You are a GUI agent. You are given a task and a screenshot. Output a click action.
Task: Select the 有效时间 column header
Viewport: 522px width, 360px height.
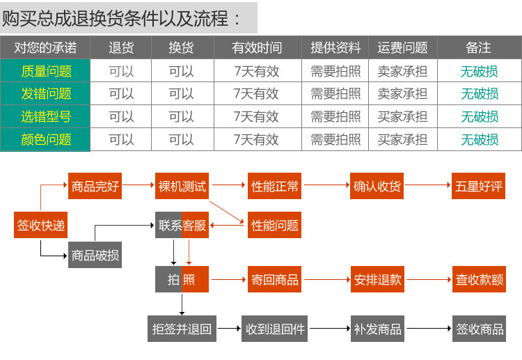pos(258,48)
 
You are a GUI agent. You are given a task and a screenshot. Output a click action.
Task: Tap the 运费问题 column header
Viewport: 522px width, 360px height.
pos(402,48)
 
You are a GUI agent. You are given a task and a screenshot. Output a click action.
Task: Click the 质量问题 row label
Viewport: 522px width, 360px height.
pos(46,71)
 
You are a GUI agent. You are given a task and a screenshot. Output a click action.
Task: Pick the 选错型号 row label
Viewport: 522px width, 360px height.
pos(46,116)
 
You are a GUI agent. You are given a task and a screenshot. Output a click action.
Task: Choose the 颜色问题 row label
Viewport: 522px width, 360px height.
pos(46,139)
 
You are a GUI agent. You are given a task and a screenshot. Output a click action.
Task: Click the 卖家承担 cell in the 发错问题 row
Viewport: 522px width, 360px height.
pos(402,93)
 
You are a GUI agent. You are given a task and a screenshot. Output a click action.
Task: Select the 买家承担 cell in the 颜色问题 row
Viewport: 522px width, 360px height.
pos(402,139)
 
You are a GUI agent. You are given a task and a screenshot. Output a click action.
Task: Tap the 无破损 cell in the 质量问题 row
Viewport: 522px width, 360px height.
pos(479,71)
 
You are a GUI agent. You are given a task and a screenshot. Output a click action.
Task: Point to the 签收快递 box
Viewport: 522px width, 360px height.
pos(41,225)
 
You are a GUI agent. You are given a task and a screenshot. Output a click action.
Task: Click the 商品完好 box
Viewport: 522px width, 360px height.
pos(95,186)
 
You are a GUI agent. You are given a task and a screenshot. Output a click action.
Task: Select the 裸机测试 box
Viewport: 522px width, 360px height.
pos(182,186)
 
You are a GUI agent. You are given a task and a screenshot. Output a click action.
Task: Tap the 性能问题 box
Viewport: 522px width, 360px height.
pos(275,225)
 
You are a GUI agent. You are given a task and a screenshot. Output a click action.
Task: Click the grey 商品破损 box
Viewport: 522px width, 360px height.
pos(95,256)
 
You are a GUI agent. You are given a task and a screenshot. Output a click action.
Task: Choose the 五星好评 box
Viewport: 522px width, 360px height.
pos(478,186)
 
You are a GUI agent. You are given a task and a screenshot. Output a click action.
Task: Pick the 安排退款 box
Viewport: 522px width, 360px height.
pos(377,279)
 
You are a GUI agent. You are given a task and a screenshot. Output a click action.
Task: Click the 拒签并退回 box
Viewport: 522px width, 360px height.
pos(182,328)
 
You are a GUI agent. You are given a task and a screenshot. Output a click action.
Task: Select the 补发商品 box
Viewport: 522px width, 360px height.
pos(377,328)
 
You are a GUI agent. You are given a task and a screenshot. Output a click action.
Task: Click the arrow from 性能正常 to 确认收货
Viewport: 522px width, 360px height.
pos(326,186)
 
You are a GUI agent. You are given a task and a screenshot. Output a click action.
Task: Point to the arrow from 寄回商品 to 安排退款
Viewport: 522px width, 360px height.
pos(326,279)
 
